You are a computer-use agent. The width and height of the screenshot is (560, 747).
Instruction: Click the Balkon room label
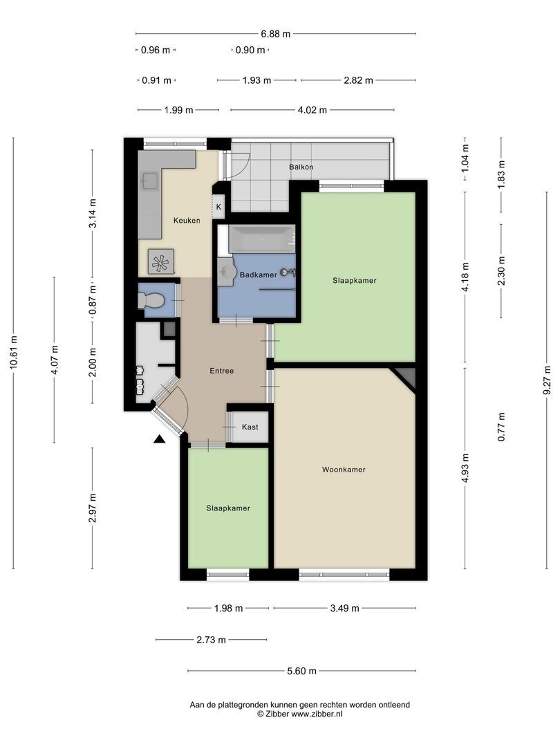coord(301,167)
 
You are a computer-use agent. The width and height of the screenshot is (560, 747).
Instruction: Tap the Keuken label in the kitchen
coord(187,220)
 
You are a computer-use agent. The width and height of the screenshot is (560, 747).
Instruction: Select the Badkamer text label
coord(258,275)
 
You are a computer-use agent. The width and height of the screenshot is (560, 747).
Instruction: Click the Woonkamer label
coord(344,469)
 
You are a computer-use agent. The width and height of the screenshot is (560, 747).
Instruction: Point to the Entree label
coord(221,371)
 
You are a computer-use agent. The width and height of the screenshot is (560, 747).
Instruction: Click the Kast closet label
coord(250,427)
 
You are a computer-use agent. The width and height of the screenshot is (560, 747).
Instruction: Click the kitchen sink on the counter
coord(151,180)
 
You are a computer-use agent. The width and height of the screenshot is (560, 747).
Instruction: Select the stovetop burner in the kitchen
coord(160,261)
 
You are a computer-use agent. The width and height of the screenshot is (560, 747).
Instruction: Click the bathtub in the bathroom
coord(261,239)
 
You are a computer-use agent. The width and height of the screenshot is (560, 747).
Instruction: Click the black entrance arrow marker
coord(159,439)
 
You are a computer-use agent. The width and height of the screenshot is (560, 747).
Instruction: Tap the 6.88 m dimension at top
coord(275,34)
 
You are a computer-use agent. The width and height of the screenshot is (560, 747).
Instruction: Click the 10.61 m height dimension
coord(14,352)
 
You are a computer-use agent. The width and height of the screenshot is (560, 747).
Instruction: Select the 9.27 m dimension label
coord(548,380)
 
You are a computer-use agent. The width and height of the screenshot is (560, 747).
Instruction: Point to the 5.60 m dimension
coord(301,671)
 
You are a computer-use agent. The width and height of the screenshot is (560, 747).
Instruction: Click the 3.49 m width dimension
coord(344,608)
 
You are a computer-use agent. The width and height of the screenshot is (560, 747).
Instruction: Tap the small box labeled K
coord(218,207)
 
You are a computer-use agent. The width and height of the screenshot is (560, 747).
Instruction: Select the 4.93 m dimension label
coord(465,468)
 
